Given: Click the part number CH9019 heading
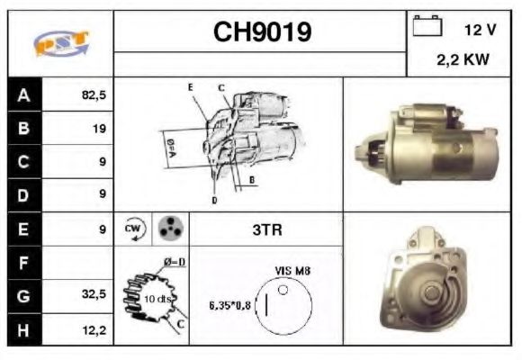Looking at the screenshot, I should click(262, 32).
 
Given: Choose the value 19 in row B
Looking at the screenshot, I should click(98, 129).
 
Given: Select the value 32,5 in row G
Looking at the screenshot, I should click(94, 295).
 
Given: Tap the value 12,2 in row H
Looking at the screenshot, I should click(94, 329).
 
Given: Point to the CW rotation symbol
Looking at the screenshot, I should click(134, 229).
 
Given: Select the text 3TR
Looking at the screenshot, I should click(266, 229).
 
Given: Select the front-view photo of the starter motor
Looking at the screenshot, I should click(427, 280).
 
